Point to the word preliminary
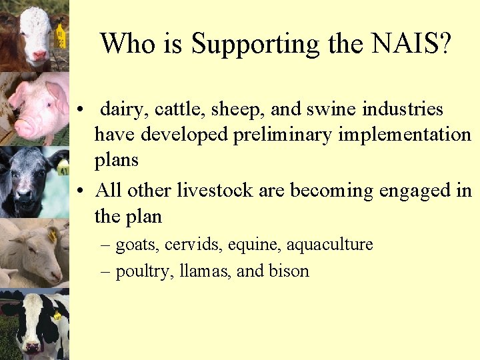(284, 135)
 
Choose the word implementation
(405, 135)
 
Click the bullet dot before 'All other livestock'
(79, 191)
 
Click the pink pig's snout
(24, 125)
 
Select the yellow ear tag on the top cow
(61, 35)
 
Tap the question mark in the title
(444, 44)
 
